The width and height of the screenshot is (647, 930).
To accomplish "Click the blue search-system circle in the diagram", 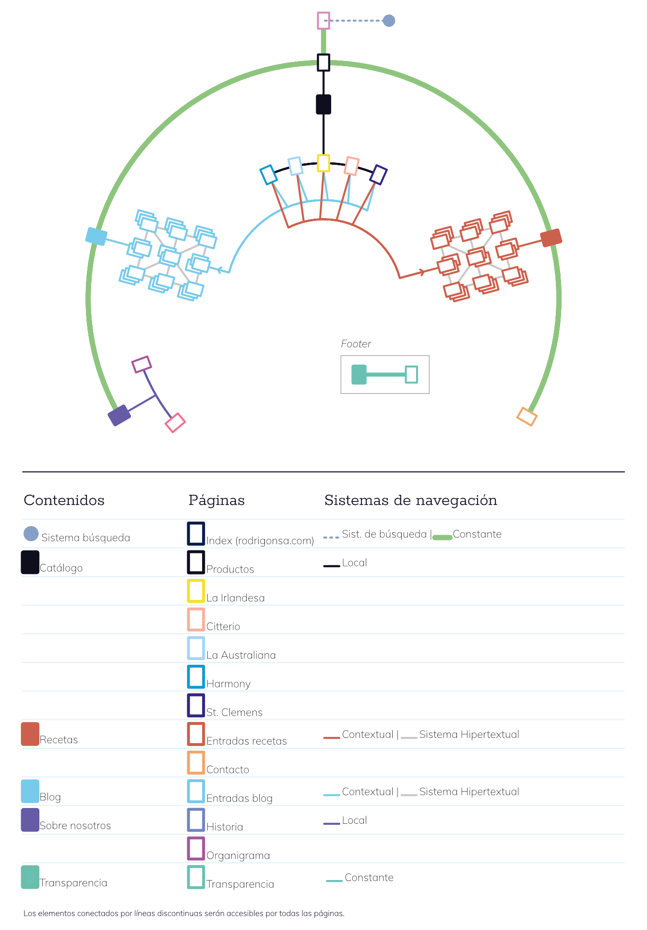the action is (x=389, y=21).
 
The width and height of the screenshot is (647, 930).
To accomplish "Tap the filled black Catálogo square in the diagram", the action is (x=323, y=104).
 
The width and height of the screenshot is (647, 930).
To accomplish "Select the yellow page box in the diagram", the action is (x=323, y=163).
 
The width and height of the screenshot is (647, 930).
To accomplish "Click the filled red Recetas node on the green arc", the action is (x=551, y=238).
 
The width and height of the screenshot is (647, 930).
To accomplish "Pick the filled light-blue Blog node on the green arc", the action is (x=96, y=236).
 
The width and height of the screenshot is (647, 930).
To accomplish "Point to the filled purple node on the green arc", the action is (x=120, y=416).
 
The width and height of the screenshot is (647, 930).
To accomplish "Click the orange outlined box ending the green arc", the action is (x=527, y=416).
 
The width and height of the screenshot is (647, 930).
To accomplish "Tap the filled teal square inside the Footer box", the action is (x=359, y=375).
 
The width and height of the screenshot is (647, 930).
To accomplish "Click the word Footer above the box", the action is (x=356, y=344).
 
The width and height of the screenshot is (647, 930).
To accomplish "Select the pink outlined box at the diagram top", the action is (x=323, y=21).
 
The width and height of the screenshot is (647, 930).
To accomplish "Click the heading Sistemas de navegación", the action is (x=411, y=501).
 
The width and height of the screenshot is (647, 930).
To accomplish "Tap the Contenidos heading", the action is (x=64, y=501).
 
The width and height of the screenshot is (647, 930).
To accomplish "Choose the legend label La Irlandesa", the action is (x=236, y=598).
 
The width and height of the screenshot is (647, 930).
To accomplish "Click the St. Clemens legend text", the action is (x=235, y=712).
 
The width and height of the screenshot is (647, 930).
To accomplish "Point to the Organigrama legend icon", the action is (x=196, y=849).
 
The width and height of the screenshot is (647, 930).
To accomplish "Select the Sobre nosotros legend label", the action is (x=75, y=826).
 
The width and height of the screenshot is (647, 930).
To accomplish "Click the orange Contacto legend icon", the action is (x=196, y=763).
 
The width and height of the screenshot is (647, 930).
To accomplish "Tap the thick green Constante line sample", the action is (x=443, y=538).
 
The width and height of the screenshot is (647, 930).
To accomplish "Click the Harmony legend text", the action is (x=228, y=684).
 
